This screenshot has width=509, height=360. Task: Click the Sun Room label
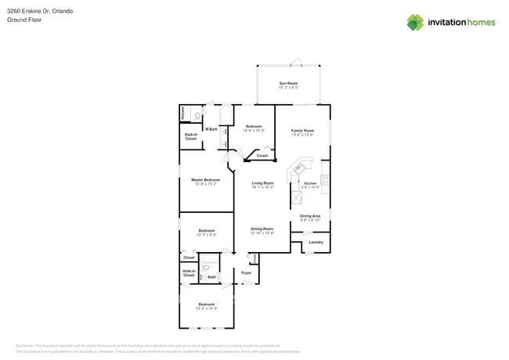pyautogui.click(x=288, y=83)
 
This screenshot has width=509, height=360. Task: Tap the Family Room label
pyautogui.click(x=302, y=131)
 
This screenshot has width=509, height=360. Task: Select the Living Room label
pyautogui.click(x=262, y=183)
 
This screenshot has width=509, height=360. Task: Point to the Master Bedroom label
pyautogui.click(x=206, y=180)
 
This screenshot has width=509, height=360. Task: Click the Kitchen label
pyautogui.click(x=310, y=183)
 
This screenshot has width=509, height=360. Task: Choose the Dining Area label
pyautogui.click(x=310, y=216)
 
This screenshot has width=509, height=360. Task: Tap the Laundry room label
pyautogui.click(x=316, y=242)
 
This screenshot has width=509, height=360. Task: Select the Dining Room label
pyautogui.click(x=262, y=229)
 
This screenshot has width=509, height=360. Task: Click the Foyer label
pyautogui.click(x=246, y=272)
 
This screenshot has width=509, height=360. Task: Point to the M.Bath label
pyautogui.click(x=211, y=129)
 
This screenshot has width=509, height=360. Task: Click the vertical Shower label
pyautogui.click(x=183, y=113)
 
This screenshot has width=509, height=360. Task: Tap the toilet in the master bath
pyautogui.click(x=197, y=116)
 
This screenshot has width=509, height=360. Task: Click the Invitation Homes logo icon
pyautogui.click(x=415, y=22)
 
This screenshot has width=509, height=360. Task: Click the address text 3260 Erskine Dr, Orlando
pyautogui.click(x=38, y=11)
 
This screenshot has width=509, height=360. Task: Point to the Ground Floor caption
pyautogui.click(x=24, y=20)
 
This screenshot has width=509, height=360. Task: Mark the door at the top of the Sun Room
pyautogui.click(x=296, y=61)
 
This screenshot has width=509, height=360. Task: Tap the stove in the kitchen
pyautogui.click(x=325, y=188)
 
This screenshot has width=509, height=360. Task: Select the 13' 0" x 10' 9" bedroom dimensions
pyautogui.click(x=206, y=308)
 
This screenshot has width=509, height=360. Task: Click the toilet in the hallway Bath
pyautogui.click(x=205, y=268)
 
